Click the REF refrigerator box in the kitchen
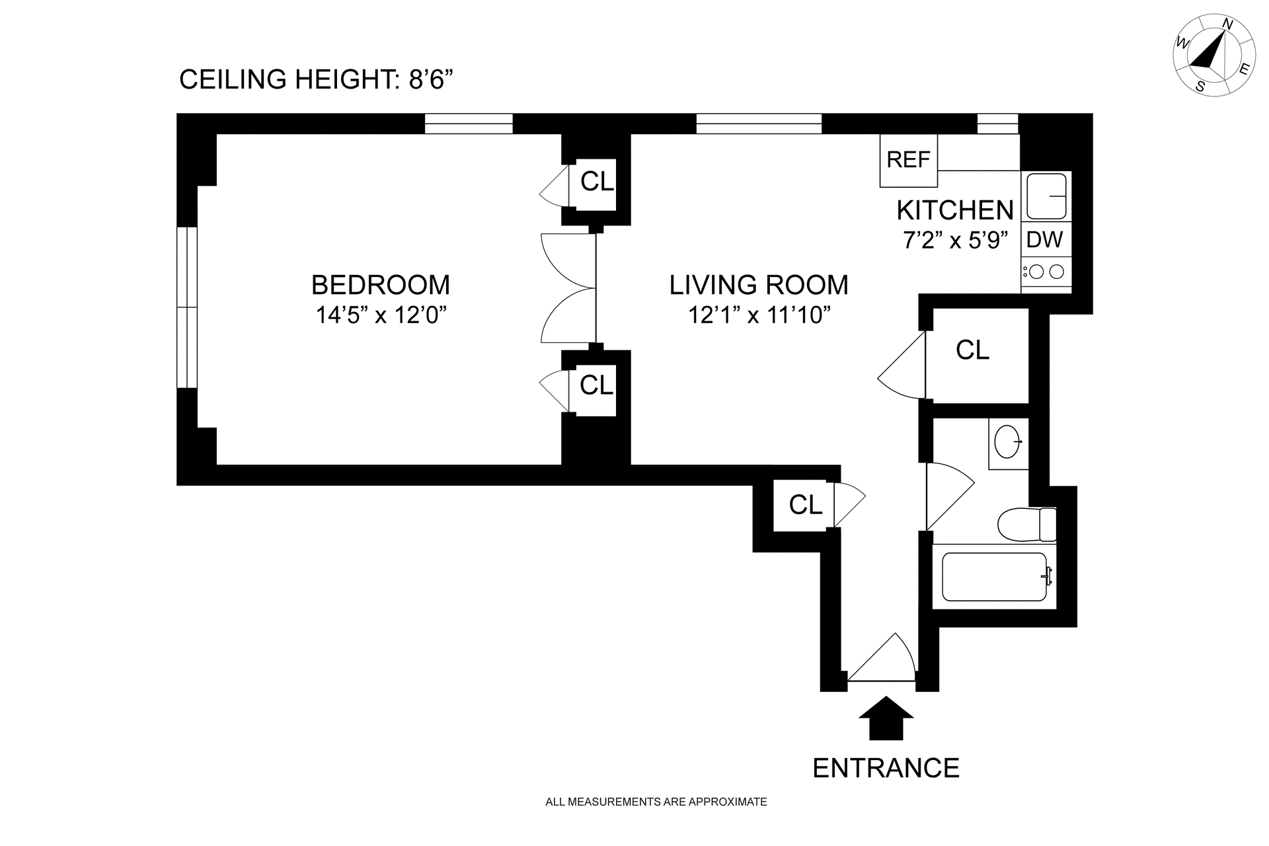click(x=908, y=160)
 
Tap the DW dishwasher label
click(x=1044, y=239)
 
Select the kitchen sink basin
click(x=1046, y=196)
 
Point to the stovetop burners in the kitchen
click(x=1046, y=272)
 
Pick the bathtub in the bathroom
click(x=995, y=576)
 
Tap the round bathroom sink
click(x=1009, y=441)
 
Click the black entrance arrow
click(x=886, y=718)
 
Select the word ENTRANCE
click(x=886, y=768)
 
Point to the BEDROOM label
click(x=381, y=285)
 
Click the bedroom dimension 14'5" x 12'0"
click(x=381, y=315)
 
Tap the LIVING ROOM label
click(x=759, y=285)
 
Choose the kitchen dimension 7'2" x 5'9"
click(x=956, y=239)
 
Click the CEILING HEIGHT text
click(x=317, y=79)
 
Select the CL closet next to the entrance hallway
click(x=805, y=505)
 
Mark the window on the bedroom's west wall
click(x=188, y=307)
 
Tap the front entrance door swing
click(x=882, y=657)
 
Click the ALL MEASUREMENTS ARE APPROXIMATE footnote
click(x=656, y=802)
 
